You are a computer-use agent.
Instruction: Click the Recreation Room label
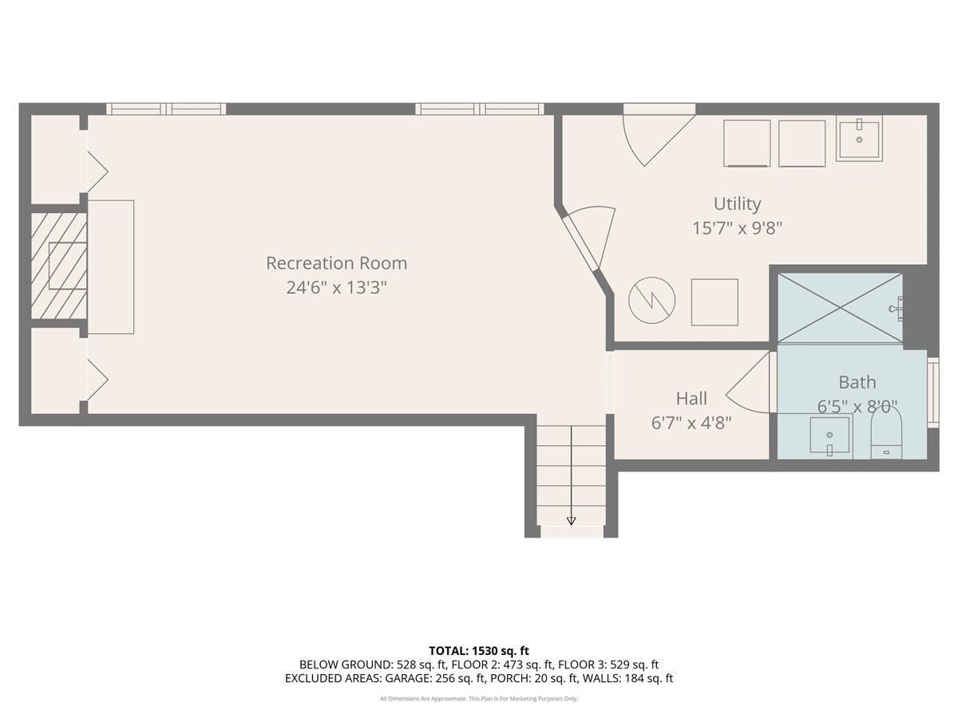pos(337,263)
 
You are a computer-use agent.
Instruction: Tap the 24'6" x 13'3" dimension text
pos(337,288)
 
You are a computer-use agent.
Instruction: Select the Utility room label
pos(737,204)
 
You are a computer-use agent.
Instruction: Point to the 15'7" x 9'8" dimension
pos(737,228)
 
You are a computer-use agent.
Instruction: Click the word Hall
pos(691,398)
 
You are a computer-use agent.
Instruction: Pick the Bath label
pos(857,382)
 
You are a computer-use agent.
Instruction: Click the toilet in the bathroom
pos(886,436)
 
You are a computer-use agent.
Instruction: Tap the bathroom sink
pos(829,436)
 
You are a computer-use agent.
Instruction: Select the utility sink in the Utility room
pos(859,138)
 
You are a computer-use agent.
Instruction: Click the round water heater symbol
pos(651,301)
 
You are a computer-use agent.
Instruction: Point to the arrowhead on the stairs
pos(571,520)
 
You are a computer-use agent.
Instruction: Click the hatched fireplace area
pos(59,266)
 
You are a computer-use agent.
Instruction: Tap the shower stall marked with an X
pos(840,308)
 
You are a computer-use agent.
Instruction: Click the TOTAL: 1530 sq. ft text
pos(479,651)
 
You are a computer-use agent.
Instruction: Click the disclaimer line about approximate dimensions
pos(479,699)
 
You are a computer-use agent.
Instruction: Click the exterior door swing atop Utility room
pos(659,135)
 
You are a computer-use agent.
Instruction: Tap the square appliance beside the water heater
pos(715,302)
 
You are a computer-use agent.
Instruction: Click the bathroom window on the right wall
pos(933,392)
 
